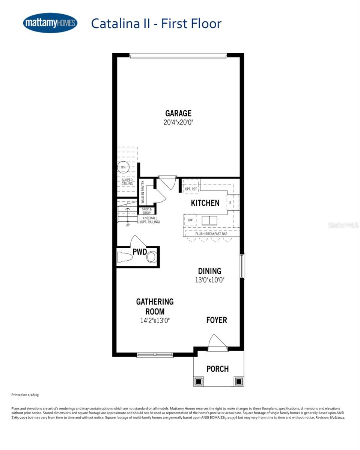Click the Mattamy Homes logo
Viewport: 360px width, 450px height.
(50, 23)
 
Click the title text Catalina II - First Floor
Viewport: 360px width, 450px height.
(156, 23)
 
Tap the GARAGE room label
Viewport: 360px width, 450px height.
(178, 113)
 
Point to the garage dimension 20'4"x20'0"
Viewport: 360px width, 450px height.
(178, 122)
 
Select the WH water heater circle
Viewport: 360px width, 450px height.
(123, 167)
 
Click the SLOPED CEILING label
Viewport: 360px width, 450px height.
(127, 182)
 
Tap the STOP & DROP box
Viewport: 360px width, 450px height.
(147, 211)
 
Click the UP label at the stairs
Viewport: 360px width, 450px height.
(128, 225)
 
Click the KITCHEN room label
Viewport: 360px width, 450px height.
(205, 203)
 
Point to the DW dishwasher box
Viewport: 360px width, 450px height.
(190, 220)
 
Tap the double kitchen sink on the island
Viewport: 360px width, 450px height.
(209, 220)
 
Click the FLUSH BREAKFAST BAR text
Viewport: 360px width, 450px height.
(211, 234)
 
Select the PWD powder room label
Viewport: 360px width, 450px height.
(139, 252)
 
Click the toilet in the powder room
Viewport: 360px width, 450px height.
(125, 257)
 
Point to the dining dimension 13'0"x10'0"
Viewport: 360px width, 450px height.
(209, 280)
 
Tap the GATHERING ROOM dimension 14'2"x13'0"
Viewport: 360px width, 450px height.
(155, 320)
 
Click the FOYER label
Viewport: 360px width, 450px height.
(217, 320)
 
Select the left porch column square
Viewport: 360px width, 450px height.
(199, 381)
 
